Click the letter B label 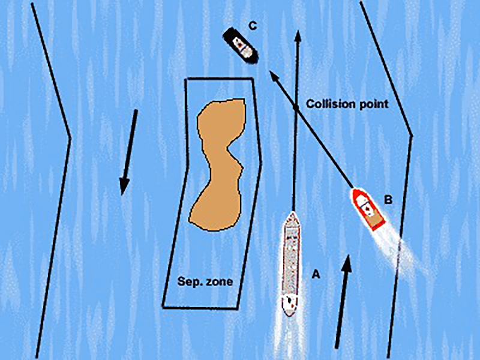(388, 200)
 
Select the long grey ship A (292, 261)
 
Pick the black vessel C (241, 46)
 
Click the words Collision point (347, 104)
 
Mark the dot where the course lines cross (295, 108)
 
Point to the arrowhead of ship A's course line (297, 34)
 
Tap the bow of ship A (292, 214)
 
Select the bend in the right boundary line (412, 135)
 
